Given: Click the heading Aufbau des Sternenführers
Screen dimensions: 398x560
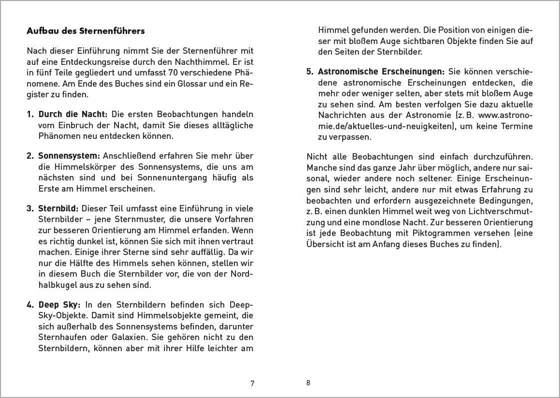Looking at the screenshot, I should click(x=85, y=31).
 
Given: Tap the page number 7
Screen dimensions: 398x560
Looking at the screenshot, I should click(x=252, y=384).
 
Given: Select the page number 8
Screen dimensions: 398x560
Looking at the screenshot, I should click(x=308, y=383).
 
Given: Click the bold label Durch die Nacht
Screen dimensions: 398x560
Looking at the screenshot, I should click(x=73, y=114).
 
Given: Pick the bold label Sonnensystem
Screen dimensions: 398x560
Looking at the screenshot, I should click(x=69, y=156).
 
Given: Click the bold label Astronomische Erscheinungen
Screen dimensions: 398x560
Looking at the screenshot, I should click(x=381, y=71).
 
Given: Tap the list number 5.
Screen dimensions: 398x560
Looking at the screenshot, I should click(x=309, y=71).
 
